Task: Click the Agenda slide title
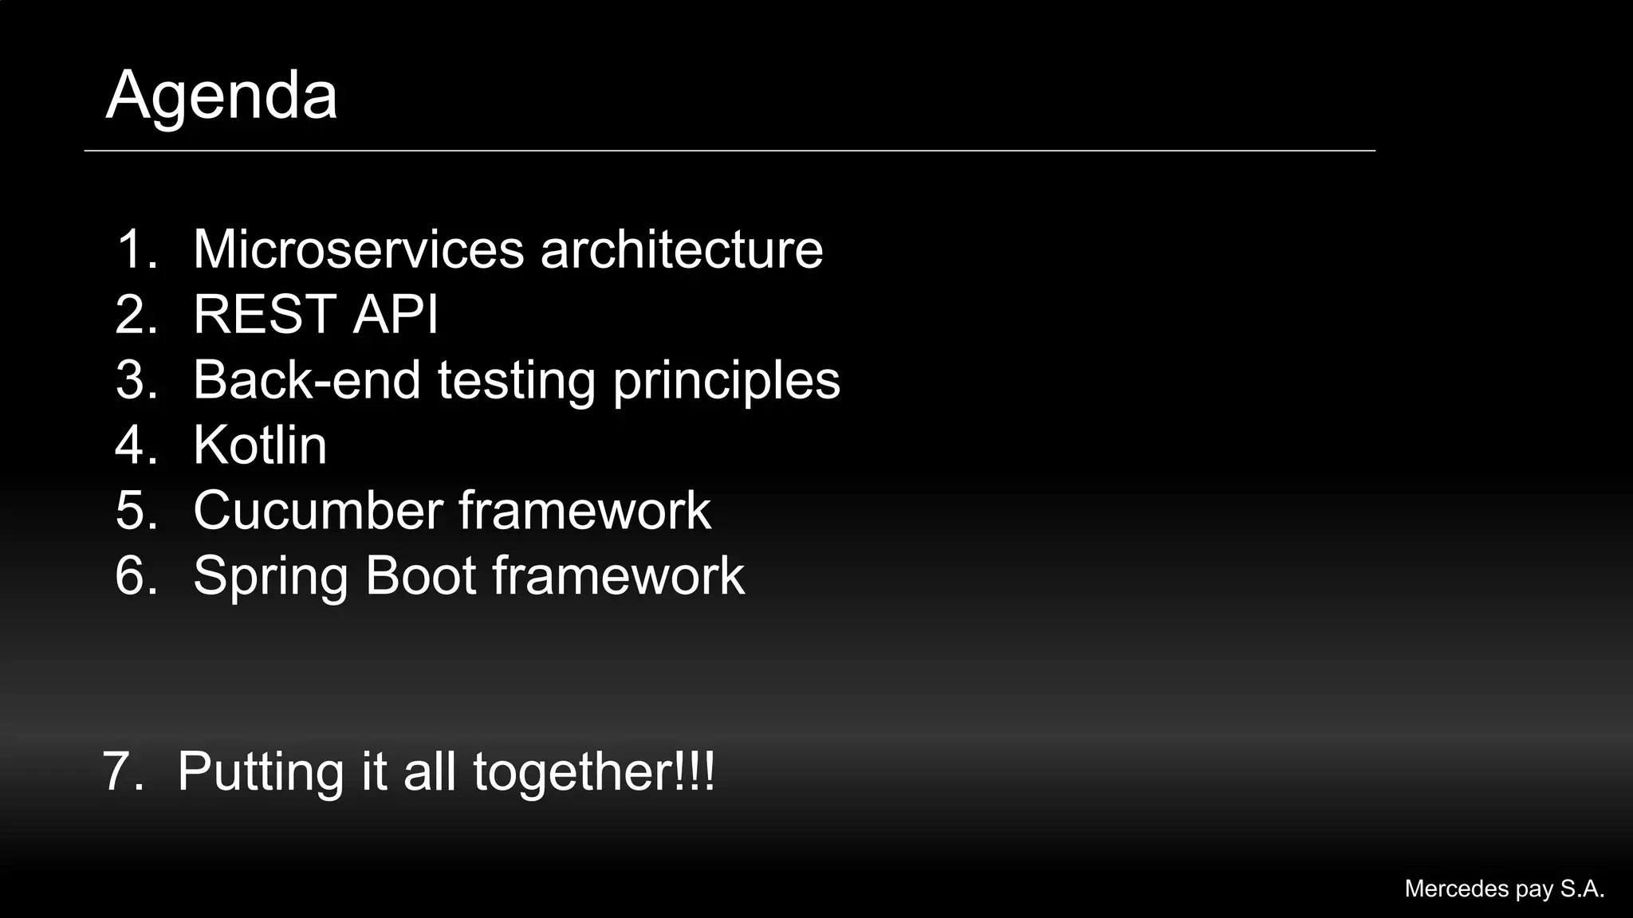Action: pyautogui.click(x=222, y=96)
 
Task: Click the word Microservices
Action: pyautogui.click(x=359, y=249)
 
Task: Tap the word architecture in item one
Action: pyautogui.click(x=682, y=249)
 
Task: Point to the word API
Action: pyautogui.click(x=395, y=314)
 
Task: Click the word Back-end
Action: pyautogui.click(x=307, y=379)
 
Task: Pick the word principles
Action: pyautogui.click(x=726, y=381)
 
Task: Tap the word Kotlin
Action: pyautogui.click(x=260, y=445)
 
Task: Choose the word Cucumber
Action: pyautogui.click(x=317, y=510)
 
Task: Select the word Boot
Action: pyautogui.click(x=420, y=575)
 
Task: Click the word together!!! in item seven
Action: pyautogui.click(x=594, y=772)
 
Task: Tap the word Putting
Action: pyautogui.click(x=260, y=772)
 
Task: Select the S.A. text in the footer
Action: pyautogui.click(x=1582, y=889)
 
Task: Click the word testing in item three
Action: pyautogui.click(x=516, y=381)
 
